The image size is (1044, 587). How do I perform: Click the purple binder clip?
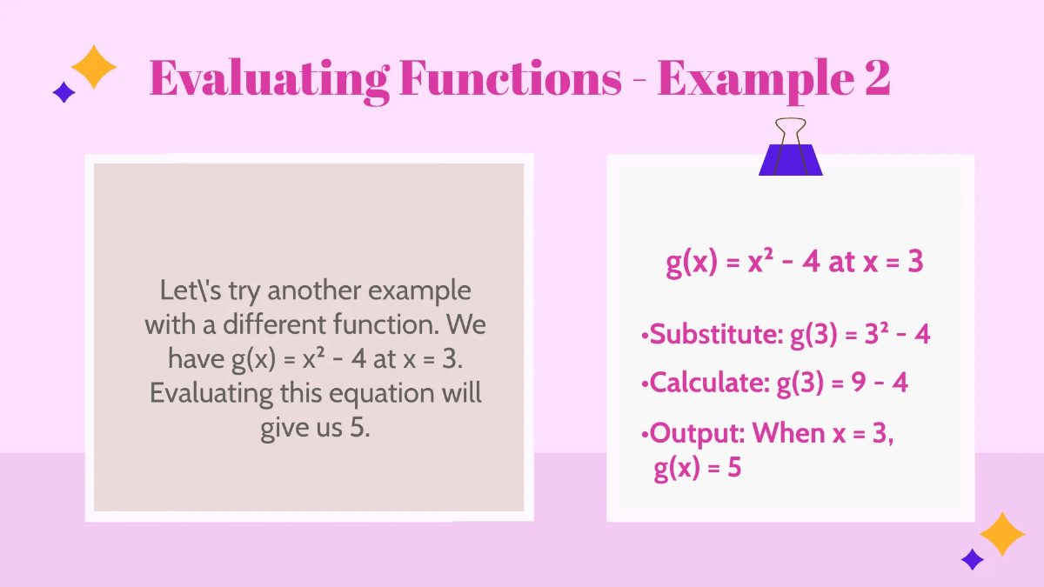pos(790,159)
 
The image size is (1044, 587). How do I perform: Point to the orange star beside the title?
pos(93,67)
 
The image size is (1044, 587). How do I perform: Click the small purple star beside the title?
pos(64,92)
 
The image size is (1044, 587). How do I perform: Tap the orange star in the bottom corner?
pos(1002,534)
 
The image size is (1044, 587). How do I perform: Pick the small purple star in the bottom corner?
pos(972,559)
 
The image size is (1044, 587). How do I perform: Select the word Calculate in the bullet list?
pos(709,383)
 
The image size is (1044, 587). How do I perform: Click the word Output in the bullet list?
pos(695,432)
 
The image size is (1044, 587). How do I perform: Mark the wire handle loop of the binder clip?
pos(791,131)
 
